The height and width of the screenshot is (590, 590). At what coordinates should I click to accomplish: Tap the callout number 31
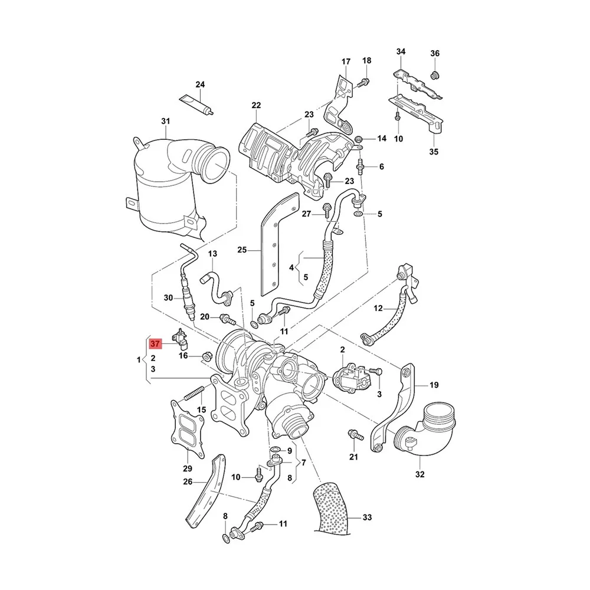click(165, 122)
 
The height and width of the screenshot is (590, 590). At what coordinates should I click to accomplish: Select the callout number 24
click(200, 84)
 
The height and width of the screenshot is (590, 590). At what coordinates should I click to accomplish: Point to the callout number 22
click(255, 106)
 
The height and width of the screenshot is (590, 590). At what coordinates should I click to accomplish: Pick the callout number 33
click(367, 517)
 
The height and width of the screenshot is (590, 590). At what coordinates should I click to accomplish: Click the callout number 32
click(419, 474)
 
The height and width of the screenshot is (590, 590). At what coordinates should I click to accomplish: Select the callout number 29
click(188, 468)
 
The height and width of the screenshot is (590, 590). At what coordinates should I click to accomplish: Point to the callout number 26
click(188, 481)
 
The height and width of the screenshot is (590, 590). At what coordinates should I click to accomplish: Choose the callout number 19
click(434, 385)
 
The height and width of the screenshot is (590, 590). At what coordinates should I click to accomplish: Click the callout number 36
click(435, 54)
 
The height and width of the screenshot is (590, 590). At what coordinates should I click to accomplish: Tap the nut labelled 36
click(435, 74)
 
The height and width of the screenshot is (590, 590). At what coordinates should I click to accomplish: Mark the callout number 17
click(346, 61)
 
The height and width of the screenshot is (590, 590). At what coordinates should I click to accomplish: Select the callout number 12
click(378, 307)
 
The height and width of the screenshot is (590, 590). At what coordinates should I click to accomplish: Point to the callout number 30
click(168, 297)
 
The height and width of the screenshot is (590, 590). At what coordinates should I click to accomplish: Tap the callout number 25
click(241, 250)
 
